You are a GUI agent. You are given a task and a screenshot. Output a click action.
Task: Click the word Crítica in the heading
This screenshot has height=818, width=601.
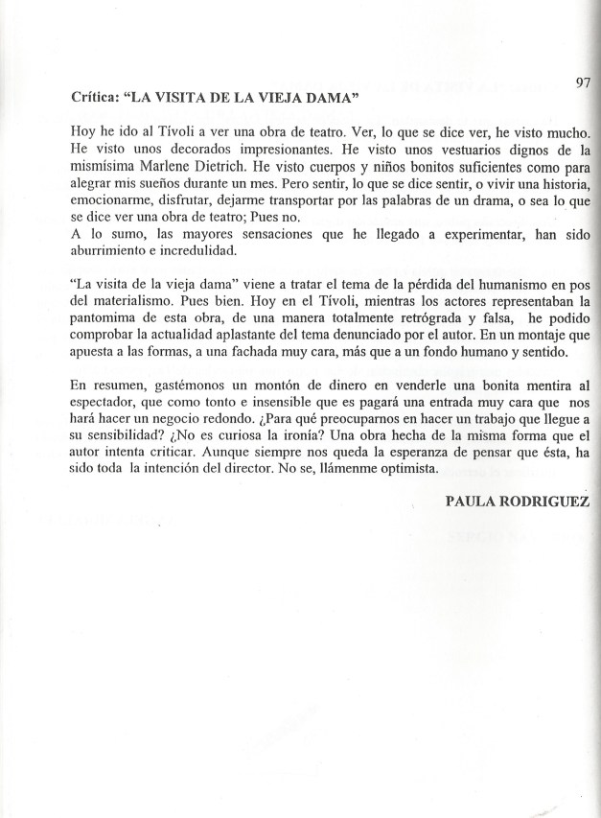click(x=95, y=97)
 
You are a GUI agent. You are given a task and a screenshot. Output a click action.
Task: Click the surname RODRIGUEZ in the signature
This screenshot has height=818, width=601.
click(x=551, y=502)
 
